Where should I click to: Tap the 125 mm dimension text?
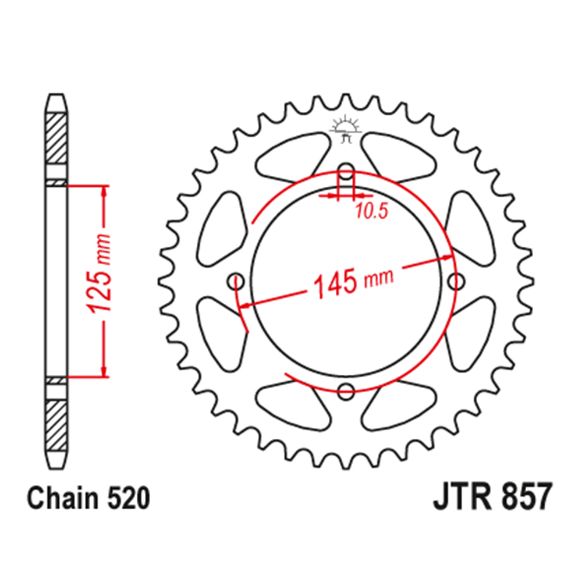pos(99,272)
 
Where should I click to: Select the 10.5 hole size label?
pos(371,211)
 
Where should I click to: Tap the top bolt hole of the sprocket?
pos(346,171)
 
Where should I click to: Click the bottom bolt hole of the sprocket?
pos(346,391)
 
